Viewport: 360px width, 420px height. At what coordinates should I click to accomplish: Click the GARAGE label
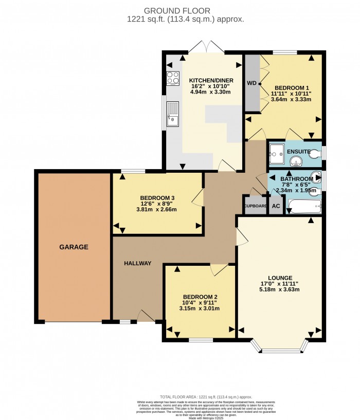pos(73,247)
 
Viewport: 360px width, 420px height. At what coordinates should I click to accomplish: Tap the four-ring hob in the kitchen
pos(173,79)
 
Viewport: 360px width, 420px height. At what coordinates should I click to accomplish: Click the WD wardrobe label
pos(252,83)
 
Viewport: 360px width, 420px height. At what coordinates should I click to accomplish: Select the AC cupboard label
pos(276,206)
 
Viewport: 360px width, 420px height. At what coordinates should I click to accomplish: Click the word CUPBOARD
pos(255,206)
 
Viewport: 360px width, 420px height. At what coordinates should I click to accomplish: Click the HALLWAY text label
pos(138,263)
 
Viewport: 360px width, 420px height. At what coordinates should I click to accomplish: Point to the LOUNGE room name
pos(280,277)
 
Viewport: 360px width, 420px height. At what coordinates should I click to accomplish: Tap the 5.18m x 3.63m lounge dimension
pos(280,289)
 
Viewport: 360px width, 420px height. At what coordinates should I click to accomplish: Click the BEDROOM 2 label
pos(199,297)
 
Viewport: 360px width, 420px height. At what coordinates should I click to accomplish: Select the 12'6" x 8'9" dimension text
pos(156,204)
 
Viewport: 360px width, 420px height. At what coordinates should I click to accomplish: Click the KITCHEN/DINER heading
pos(211,81)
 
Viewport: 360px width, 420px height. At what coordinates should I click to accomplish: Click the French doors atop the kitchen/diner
pos(206,48)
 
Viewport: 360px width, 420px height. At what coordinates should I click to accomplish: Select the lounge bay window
pos(280,349)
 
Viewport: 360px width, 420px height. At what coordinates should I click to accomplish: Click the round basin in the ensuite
pos(296,162)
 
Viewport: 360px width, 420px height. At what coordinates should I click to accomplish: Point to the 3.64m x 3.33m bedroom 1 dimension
pos(292,100)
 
